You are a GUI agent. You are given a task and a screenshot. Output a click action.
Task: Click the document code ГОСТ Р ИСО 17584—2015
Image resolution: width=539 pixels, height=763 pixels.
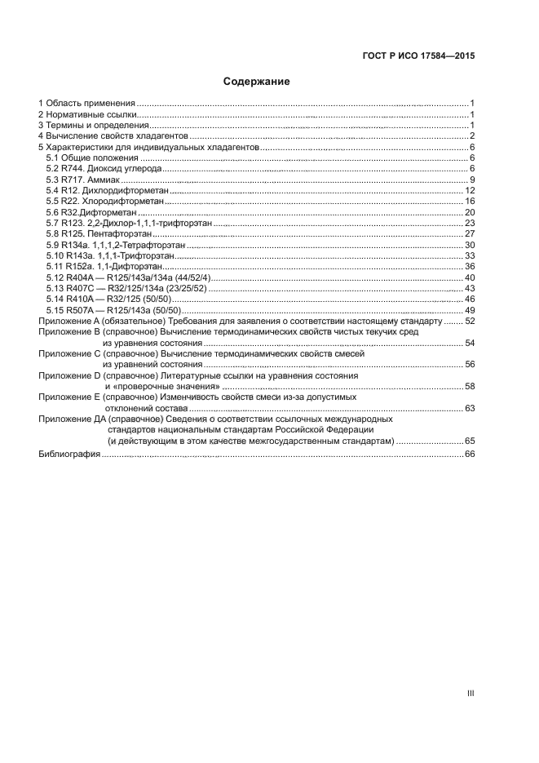[418, 56]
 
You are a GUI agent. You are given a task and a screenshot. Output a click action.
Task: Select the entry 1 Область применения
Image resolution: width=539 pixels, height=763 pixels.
[86, 103]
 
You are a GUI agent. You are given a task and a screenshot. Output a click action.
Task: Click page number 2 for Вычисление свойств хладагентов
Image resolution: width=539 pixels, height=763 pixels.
[472, 135]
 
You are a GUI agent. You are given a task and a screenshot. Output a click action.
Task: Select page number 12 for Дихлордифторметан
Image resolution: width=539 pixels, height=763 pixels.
[470, 190]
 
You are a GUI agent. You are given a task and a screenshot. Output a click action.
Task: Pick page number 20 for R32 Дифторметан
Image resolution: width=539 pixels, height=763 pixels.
[470, 212]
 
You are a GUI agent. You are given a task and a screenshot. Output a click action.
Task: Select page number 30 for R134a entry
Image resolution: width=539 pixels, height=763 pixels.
[470, 245]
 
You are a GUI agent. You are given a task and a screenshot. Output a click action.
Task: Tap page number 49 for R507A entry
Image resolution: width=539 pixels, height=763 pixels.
[470, 310]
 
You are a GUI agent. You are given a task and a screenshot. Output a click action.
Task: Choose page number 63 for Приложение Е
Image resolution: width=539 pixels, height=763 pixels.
[470, 408]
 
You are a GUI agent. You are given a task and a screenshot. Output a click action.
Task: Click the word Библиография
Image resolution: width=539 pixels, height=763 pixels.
[69, 453]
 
